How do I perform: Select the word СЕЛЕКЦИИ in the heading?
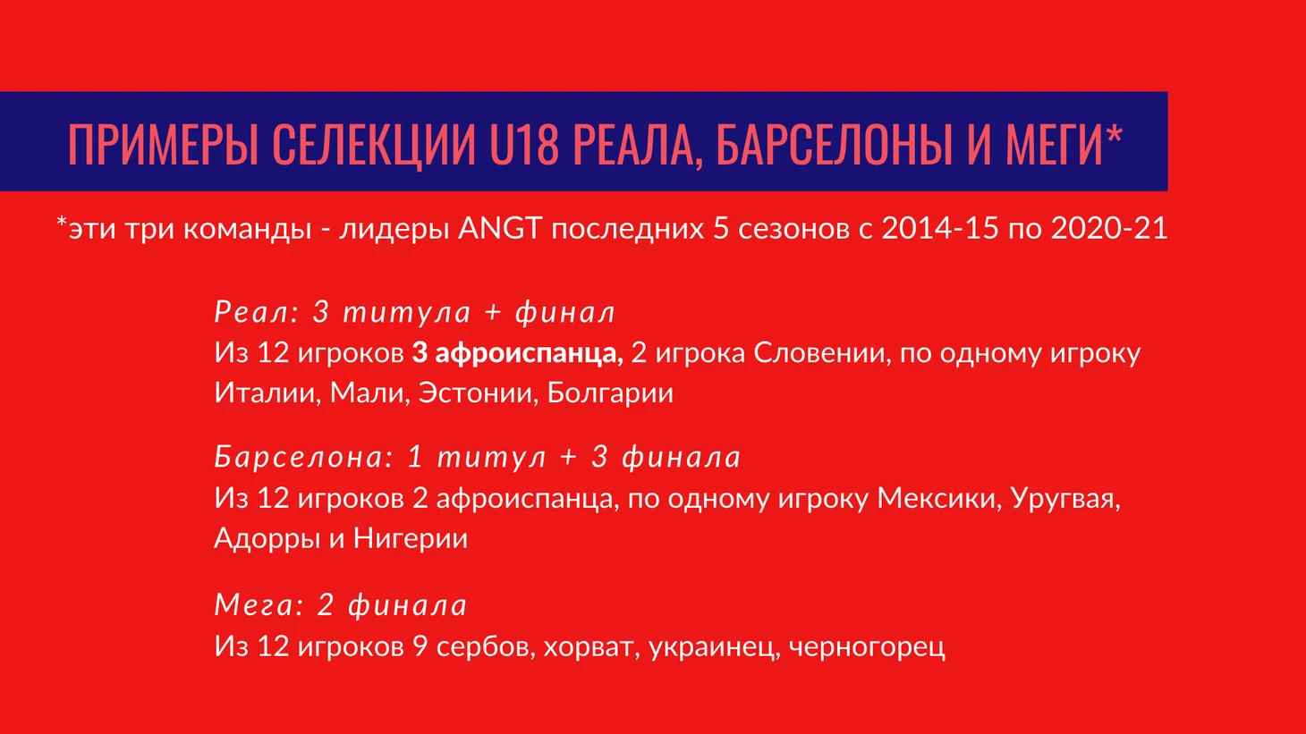click(374, 145)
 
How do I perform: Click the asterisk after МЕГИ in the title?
click(1115, 135)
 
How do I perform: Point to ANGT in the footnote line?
click(500, 228)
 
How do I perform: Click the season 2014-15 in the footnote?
click(939, 228)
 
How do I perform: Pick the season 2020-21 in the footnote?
click(1109, 228)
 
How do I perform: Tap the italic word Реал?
click(257, 312)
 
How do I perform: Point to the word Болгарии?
click(610, 393)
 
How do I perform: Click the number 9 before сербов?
click(420, 646)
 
